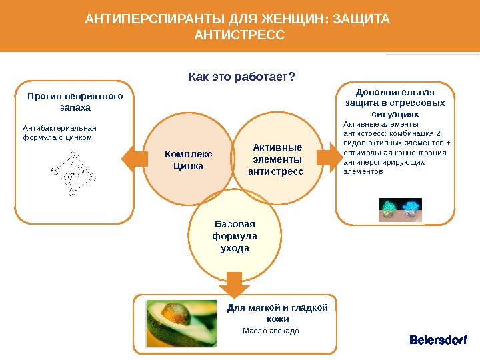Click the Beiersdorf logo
click(x=438, y=341)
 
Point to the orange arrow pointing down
click(x=234, y=283)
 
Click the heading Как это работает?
click(x=242, y=78)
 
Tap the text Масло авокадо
click(x=271, y=331)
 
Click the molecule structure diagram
click(x=74, y=173)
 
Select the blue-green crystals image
click(x=399, y=209)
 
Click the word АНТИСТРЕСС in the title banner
click(x=239, y=33)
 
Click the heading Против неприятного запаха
click(x=75, y=101)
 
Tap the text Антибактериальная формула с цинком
click(x=59, y=133)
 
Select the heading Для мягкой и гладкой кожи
click(x=277, y=313)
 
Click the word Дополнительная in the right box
click(x=395, y=92)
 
